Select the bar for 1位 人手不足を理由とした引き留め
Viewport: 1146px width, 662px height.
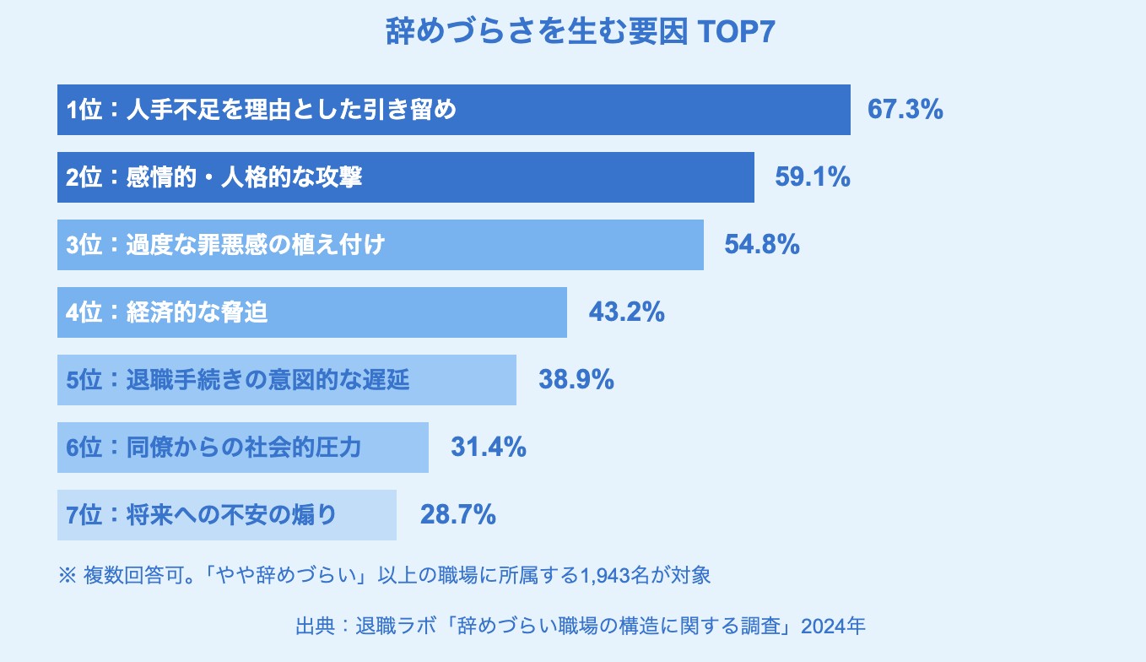pyautogui.click(x=453, y=110)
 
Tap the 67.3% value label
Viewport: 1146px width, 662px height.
pyautogui.click(x=905, y=110)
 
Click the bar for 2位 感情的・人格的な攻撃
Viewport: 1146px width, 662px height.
pyautogui.click(x=405, y=177)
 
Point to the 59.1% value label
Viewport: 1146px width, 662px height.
pyautogui.click(x=812, y=177)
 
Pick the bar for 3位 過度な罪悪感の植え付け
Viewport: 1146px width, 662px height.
pyautogui.click(x=380, y=245)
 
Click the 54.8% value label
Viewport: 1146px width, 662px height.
pyautogui.click(x=762, y=245)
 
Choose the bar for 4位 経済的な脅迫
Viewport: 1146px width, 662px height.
pyautogui.click(x=311, y=312)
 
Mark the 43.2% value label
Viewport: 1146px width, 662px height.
pyautogui.click(x=626, y=312)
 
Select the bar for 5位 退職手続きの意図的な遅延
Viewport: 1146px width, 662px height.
pyautogui.click(x=286, y=380)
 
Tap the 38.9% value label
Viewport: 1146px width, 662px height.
pyautogui.click(x=576, y=380)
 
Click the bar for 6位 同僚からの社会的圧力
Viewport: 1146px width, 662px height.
pyautogui.click(x=242, y=448)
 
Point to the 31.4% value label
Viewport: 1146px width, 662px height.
pyautogui.click(x=489, y=448)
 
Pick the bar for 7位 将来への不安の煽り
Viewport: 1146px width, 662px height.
pyautogui.click(x=226, y=515)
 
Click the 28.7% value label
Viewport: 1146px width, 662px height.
pyautogui.click(x=457, y=515)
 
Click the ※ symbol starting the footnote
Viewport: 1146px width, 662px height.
pyautogui.click(x=67, y=577)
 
